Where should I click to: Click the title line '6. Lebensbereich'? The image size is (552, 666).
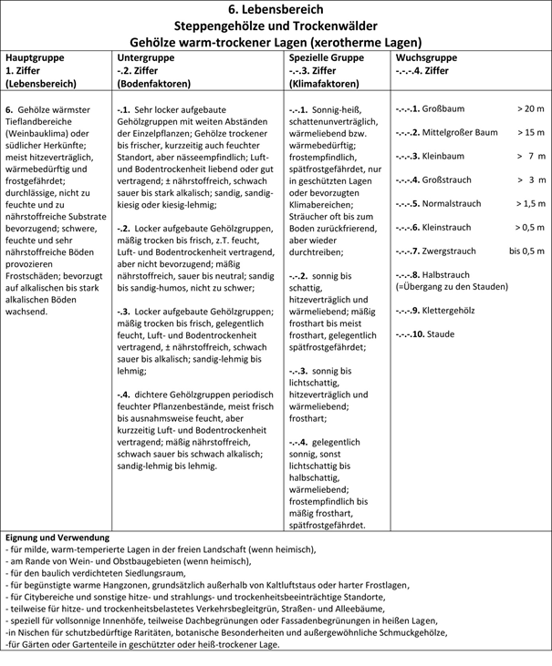pos(276,10)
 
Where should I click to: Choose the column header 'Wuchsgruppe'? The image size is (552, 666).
pos(427,56)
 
